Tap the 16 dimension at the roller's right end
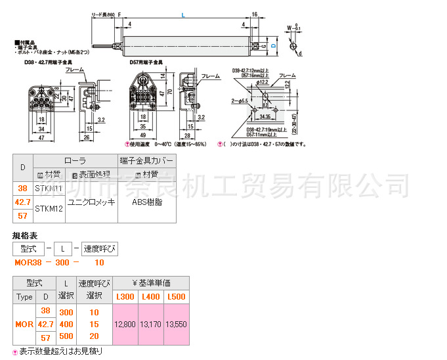(x=253, y=14)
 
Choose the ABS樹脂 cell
(x=146, y=202)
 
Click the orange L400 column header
(x=150, y=297)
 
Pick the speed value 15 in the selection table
(x=94, y=324)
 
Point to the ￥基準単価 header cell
(x=150, y=282)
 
